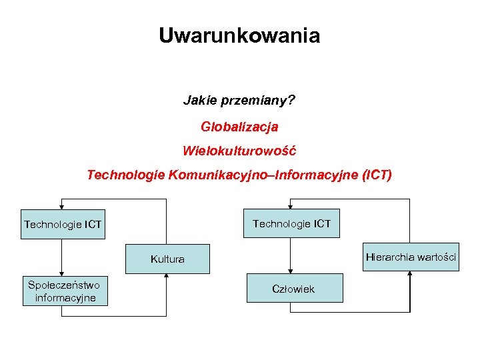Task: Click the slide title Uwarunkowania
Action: pos(239,35)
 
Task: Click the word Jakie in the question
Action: pos(197,101)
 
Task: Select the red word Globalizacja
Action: pos(239,126)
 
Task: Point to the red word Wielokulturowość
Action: pos(239,151)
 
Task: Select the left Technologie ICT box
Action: pos(63,224)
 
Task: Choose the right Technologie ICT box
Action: pos(291,223)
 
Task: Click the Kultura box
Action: pos(167,259)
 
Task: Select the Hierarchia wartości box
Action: pos(411,257)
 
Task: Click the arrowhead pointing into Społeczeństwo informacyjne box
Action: pos(61,273)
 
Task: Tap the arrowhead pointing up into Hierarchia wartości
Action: pos(410,274)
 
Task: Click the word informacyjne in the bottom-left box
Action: pos(65,297)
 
